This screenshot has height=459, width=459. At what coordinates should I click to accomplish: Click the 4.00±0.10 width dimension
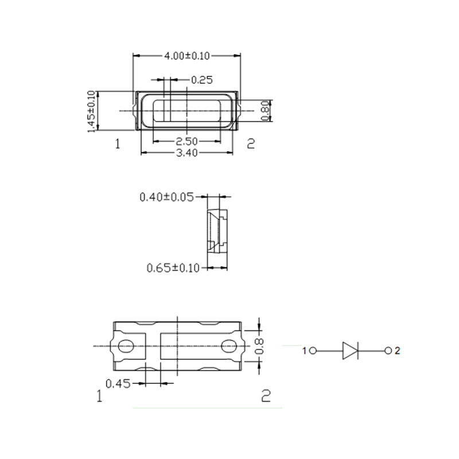click(x=187, y=56)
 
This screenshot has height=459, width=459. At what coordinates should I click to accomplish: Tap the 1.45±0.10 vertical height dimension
click(x=91, y=111)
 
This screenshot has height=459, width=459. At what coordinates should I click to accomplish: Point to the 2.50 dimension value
click(x=187, y=142)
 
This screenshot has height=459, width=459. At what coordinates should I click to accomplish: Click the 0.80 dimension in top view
click(x=266, y=110)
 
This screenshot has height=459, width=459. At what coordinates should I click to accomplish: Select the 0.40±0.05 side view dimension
click(x=167, y=197)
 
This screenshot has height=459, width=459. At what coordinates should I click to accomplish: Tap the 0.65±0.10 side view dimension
click(x=173, y=267)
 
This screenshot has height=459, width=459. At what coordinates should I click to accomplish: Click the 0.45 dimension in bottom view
click(x=118, y=383)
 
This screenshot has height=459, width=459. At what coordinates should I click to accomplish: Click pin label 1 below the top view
click(x=118, y=144)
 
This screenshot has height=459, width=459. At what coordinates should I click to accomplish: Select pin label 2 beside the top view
click(x=250, y=143)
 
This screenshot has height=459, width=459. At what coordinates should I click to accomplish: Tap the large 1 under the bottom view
click(x=100, y=396)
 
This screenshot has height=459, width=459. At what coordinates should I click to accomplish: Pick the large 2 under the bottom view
click(x=265, y=395)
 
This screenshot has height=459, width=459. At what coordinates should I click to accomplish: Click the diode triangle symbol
click(x=350, y=351)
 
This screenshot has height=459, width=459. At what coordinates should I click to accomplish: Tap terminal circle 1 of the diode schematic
click(x=313, y=351)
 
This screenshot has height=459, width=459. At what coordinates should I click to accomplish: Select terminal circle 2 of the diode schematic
click(x=388, y=351)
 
